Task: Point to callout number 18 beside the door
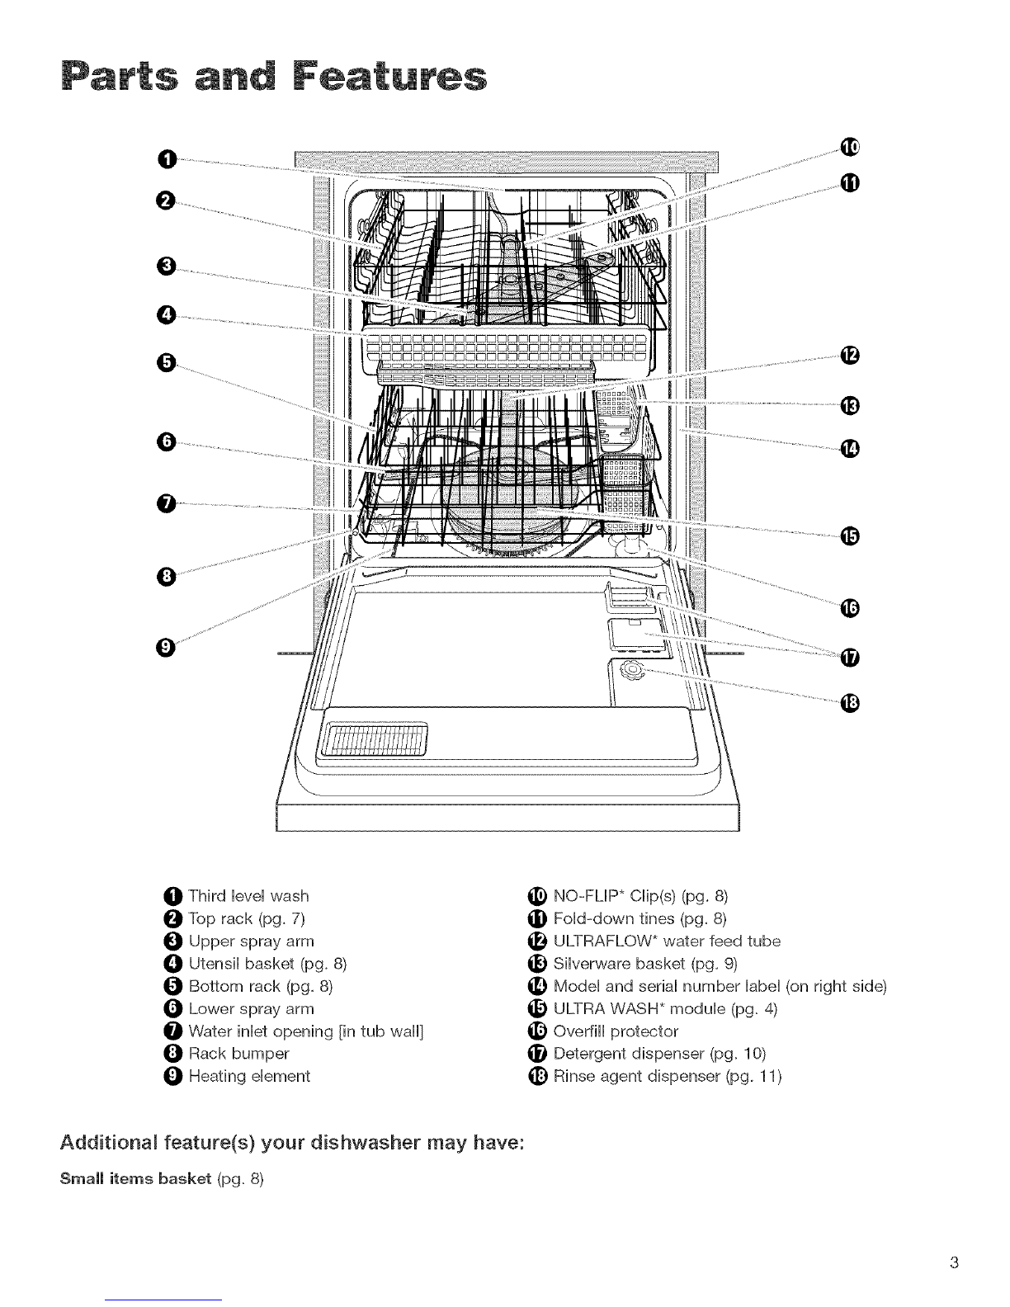(849, 702)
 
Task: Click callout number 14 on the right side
(849, 448)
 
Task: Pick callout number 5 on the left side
(168, 361)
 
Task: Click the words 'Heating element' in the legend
(249, 1076)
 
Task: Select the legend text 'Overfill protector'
(616, 1031)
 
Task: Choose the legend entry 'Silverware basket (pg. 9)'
(645, 964)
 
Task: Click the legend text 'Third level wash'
(248, 896)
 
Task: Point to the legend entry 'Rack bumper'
(238, 1054)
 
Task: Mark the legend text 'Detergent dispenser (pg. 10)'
(659, 1054)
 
